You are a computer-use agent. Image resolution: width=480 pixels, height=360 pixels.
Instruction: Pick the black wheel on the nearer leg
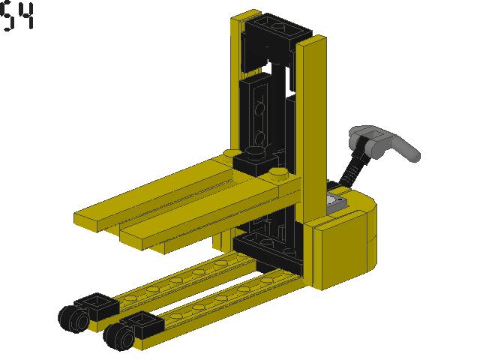(116, 335)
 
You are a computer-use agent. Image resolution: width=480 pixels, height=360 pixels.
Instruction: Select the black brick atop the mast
(275, 34)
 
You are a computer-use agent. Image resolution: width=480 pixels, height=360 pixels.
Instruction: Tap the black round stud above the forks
(253, 157)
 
